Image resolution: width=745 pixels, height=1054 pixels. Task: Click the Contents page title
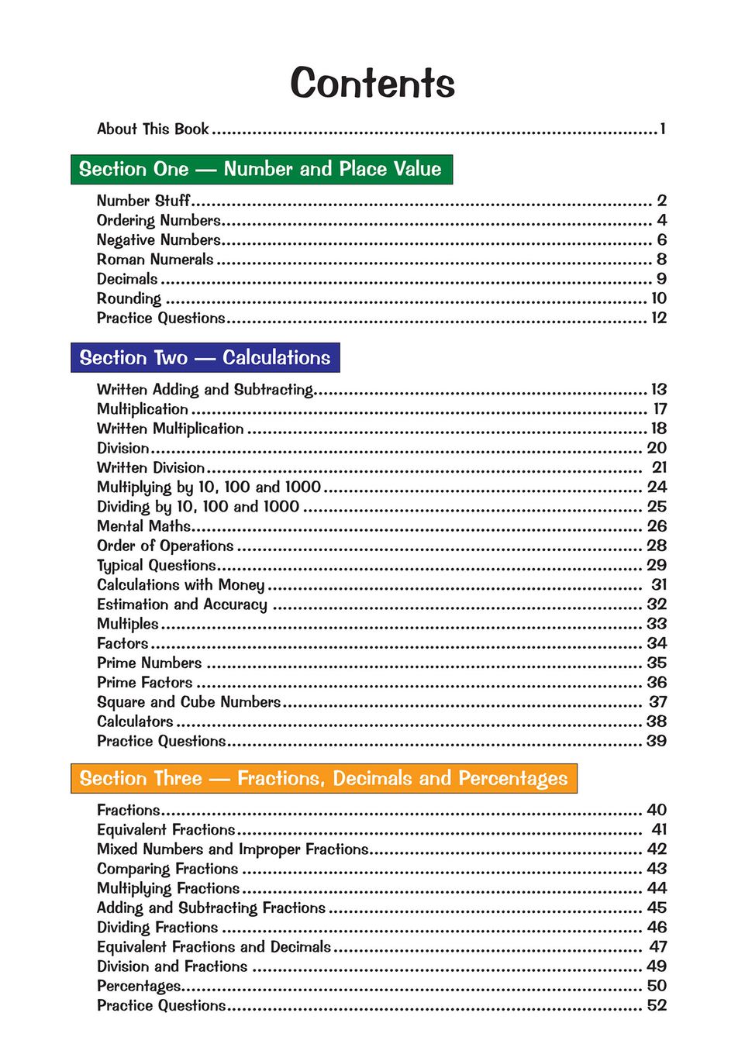372,83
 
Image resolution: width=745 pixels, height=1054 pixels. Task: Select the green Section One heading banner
261,169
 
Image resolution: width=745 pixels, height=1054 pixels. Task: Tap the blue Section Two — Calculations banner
205,357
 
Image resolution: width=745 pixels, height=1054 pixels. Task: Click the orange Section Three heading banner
323,778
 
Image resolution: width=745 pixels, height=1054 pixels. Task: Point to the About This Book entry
153,129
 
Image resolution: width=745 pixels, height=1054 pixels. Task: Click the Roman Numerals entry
155,260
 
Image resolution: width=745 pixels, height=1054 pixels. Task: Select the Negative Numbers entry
159,240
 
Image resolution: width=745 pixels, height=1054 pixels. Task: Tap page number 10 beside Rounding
658,298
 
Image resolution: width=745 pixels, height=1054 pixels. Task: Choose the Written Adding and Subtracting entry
205,390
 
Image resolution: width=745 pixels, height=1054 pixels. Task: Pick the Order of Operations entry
165,546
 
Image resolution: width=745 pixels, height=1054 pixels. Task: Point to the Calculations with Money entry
181,585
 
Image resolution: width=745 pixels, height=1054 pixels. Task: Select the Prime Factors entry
145,683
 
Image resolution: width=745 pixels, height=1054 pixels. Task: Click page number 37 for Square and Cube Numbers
657,702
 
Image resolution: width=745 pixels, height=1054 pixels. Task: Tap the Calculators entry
135,722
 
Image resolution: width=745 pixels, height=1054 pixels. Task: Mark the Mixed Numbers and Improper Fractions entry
233,849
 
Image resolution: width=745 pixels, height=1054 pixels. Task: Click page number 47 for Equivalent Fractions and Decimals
657,947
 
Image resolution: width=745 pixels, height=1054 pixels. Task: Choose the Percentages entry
139,986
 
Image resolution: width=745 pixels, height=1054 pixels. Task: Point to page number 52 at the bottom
657,1005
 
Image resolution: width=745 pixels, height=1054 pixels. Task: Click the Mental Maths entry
143,526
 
